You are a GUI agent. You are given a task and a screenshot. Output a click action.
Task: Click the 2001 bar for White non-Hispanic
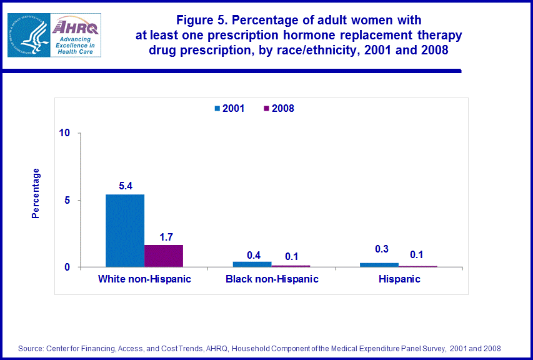[x=125, y=231]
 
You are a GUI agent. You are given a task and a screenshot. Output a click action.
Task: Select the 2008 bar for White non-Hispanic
[x=164, y=256]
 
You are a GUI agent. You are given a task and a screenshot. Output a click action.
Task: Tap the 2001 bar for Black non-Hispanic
[x=252, y=264]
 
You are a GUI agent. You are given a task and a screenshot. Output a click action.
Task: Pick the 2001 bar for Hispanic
[x=379, y=265]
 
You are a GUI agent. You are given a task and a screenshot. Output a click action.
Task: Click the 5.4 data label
[x=125, y=186]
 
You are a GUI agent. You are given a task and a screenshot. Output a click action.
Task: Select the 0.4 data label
[x=253, y=254]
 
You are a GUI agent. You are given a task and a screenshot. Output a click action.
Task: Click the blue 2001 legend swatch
[x=217, y=108]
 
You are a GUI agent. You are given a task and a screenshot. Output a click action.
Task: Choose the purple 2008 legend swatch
[x=266, y=108]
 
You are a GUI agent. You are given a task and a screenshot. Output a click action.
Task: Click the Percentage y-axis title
[x=36, y=193]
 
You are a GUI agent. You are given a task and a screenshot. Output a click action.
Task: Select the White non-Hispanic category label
[x=144, y=279]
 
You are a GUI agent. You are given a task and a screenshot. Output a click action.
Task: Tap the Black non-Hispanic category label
[x=272, y=279]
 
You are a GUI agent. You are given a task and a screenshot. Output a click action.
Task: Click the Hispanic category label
[x=399, y=279]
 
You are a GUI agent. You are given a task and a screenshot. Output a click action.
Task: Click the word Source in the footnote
[x=29, y=348]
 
